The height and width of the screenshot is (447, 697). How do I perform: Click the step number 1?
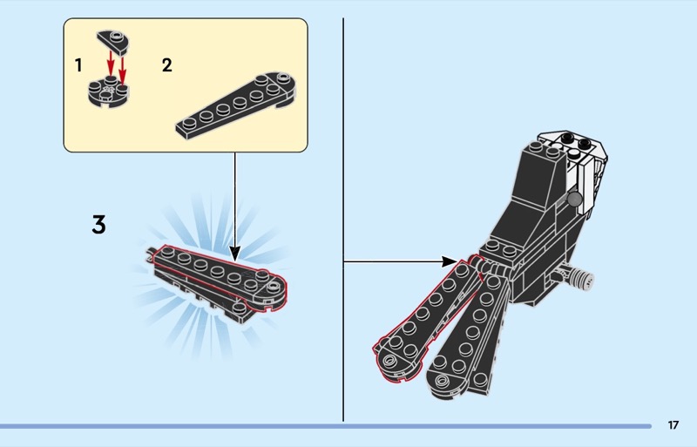pyautogui.click(x=78, y=64)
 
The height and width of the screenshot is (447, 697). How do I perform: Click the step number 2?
pyautogui.click(x=167, y=64)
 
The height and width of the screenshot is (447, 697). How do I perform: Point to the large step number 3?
pyautogui.click(x=99, y=225)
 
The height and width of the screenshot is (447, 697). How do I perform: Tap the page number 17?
pyautogui.click(x=673, y=425)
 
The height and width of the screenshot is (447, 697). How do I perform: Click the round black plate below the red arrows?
pyautogui.click(x=108, y=92)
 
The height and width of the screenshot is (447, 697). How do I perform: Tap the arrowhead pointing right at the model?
pyautogui.click(x=450, y=261)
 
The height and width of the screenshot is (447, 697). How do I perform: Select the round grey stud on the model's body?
pyautogui.click(x=574, y=200)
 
